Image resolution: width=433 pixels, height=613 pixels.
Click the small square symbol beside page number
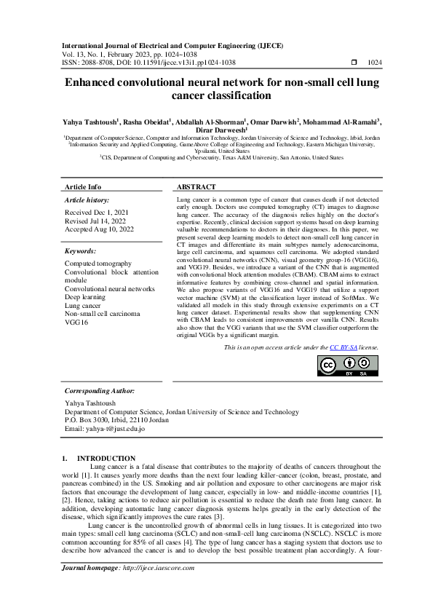click(x=354, y=63)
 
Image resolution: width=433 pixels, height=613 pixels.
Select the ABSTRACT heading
click(x=195, y=187)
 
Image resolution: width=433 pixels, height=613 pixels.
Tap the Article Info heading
click(x=83, y=187)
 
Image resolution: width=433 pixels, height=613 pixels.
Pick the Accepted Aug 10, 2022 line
click(x=99, y=229)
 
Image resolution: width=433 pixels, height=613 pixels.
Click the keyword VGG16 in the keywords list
click(x=76, y=321)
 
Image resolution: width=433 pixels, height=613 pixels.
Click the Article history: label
click(x=87, y=199)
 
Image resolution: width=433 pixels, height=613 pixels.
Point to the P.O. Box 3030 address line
click(x=116, y=421)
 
